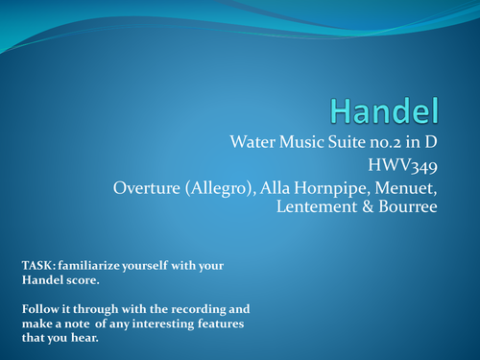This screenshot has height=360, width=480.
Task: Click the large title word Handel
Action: tap(387, 109)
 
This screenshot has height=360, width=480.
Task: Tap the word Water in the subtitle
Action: tap(253, 142)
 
